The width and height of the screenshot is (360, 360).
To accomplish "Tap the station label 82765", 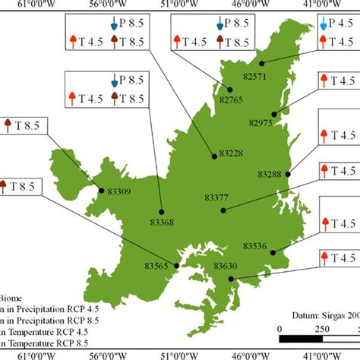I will coord(231,99).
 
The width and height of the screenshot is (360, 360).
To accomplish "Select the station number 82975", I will coord(261,122).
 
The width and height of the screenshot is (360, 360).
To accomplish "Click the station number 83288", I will coord(269,175).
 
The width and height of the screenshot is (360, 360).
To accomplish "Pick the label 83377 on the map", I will coord(216,197).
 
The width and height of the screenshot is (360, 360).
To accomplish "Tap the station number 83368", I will coord(161,223).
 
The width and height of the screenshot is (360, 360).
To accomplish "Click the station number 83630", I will coord(226,265).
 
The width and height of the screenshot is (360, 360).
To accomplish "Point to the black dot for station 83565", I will coord(177,266).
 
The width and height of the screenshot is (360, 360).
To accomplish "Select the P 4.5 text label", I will coord(341,25).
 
